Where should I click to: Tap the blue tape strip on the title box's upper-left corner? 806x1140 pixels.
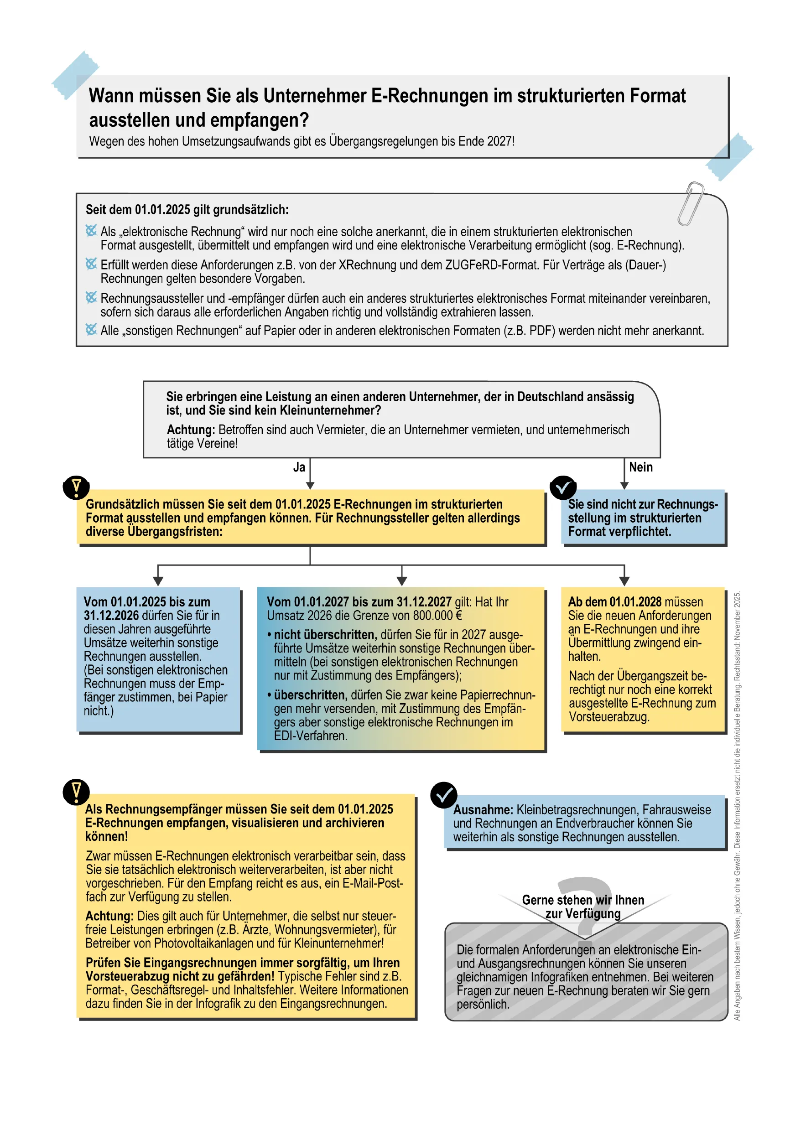(x=75, y=74)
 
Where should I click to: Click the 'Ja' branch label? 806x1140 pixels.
(x=298, y=467)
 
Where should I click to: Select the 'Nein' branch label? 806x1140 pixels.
(x=640, y=467)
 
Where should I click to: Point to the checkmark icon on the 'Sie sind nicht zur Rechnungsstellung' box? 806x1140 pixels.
(x=563, y=487)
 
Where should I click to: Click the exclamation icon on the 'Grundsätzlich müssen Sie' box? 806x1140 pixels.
(x=76, y=487)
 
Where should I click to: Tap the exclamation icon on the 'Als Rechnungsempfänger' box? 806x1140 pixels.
(x=76, y=792)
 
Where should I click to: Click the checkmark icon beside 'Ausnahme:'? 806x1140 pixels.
(x=443, y=795)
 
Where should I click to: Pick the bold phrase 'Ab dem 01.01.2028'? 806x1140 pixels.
(x=614, y=602)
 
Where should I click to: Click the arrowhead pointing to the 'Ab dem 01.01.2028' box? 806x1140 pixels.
(x=624, y=581)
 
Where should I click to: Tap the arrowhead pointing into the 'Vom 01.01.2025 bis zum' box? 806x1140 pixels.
(x=158, y=581)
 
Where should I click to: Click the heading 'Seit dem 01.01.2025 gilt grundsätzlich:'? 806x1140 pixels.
(x=187, y=209)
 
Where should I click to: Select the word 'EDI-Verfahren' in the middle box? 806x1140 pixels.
(x=309, y=736)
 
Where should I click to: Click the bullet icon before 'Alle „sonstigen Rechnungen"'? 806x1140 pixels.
(x=91, y=330)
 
